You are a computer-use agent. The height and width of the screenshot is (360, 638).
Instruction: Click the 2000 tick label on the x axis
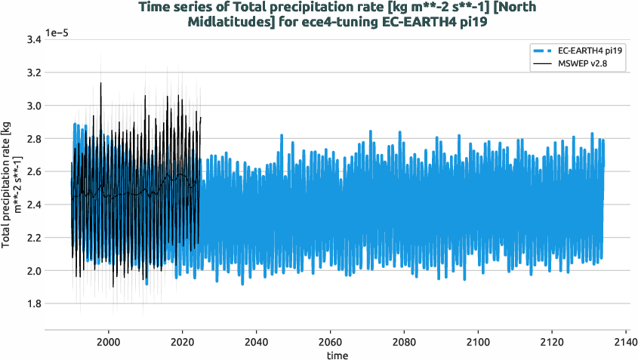pyautogui.click(x=109, y=340)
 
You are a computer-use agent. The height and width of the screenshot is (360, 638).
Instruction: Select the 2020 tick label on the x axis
pyautogui.click(x=183, y=340)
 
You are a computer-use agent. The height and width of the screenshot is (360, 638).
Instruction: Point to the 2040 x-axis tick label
pyautogui.click(x=257, y=340)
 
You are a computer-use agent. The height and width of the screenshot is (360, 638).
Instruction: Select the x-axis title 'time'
pyautogui.click(x=337, y=354)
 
